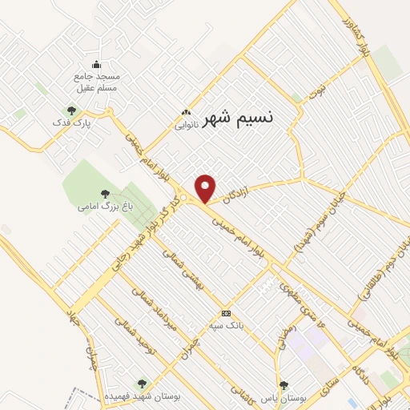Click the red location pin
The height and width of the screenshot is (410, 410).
pos(206,187)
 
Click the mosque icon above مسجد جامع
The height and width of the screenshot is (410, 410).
pos(97,65)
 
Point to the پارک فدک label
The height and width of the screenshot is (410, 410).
pos(72,123)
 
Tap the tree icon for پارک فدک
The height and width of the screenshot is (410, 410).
pos(72,111)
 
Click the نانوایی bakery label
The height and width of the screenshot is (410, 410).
pos(186,125)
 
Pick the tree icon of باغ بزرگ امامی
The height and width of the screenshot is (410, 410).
pos(104,193)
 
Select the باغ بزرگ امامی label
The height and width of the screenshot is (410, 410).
pos(104,207)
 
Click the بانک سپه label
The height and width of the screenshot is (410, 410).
pos(225,325)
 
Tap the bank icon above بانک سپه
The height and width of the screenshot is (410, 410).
pos(226,313)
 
